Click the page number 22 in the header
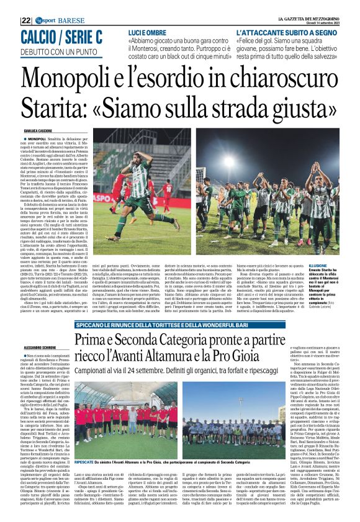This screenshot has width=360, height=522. [26, 5]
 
